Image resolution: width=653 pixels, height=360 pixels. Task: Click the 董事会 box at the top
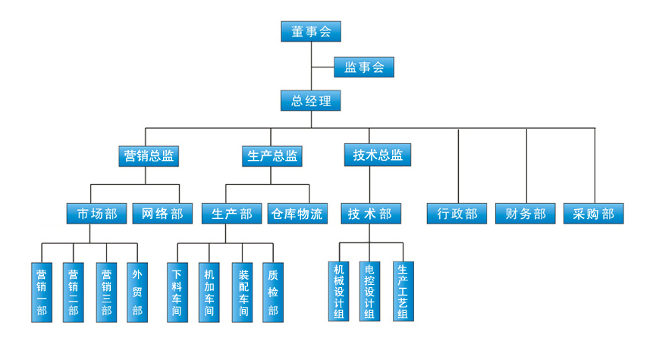(x=311, y=32)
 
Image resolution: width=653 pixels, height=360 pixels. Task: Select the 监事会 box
(x=364, y=67)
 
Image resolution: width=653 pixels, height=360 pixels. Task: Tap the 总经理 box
(x=311, y=101)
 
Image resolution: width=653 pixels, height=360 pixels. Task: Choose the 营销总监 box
(x=150, y=156)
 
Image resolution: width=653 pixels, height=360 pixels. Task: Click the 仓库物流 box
(x=296, y=214)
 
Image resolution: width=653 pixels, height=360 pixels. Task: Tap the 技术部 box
(x=370, y=214)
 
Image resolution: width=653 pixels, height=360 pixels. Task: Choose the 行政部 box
(x=457, y=214)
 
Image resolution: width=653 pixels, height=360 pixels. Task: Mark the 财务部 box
(x=526, y=214)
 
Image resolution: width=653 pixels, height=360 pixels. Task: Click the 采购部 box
(x=594, y=214)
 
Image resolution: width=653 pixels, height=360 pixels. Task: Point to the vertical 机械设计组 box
(x=339, y=291)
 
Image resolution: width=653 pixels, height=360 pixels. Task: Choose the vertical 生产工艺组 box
(x=403, y=291)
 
